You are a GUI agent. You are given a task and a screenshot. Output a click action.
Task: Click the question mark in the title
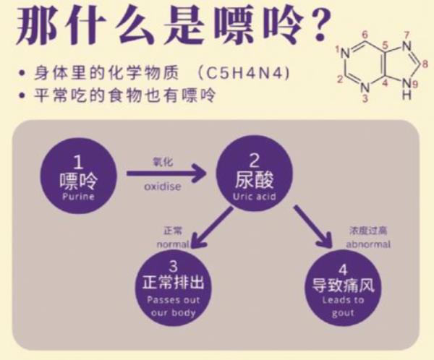coord(301,27)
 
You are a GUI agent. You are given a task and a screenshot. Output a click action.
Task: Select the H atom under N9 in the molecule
coord(407,94)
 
